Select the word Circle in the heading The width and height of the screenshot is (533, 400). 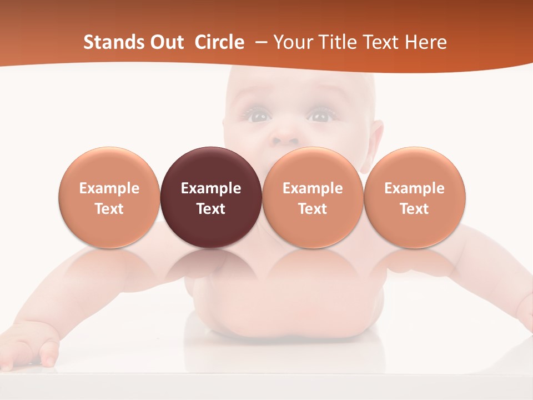point(219,42)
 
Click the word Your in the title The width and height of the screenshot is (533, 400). point(290,42)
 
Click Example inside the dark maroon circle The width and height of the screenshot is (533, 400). point(211,188)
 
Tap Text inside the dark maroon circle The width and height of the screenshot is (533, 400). point(211,209)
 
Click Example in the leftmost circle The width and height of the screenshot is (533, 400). point(109,188)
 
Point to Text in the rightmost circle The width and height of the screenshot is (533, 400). point(415,209)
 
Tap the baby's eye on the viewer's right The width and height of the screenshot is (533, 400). point(320,117)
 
